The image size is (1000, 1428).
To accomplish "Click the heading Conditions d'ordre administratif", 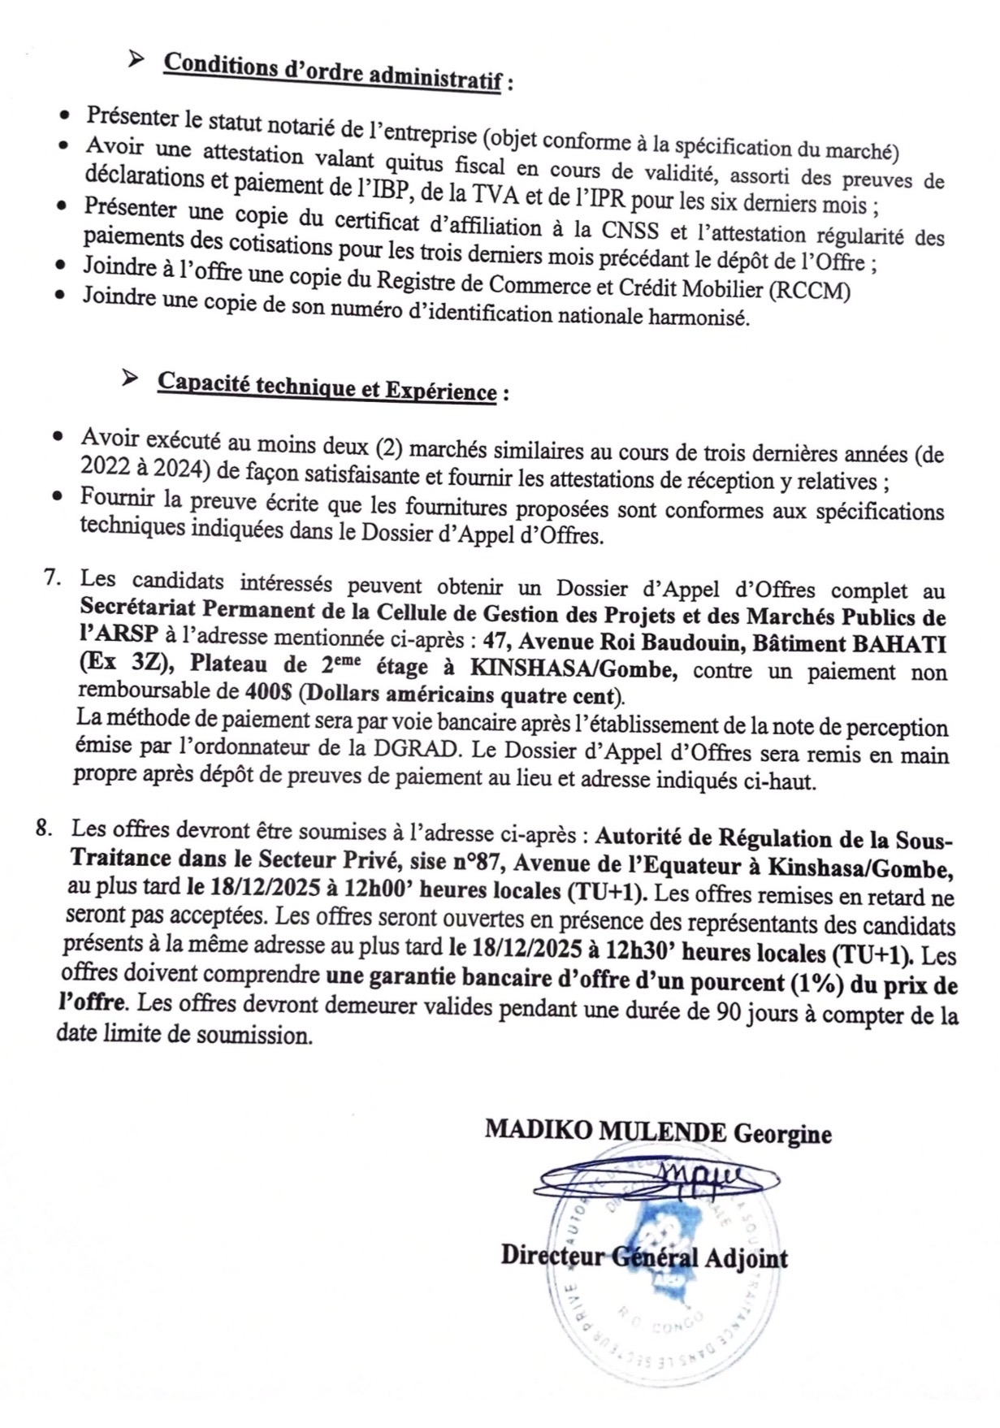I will tap(333, 73).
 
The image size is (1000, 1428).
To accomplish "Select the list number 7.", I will tap(52, 578).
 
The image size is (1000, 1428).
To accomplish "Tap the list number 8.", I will tap(45, 829).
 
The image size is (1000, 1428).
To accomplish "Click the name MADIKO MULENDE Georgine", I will tap(658, 1132).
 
